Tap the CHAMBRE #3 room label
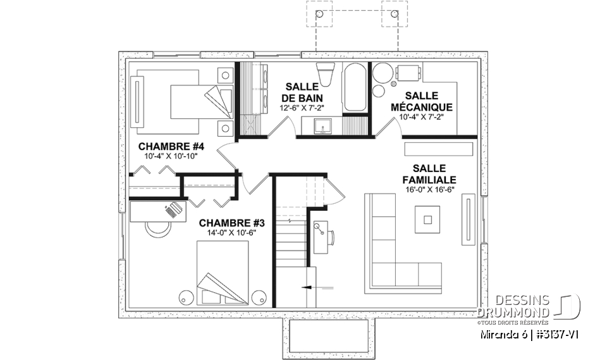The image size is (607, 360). click(227, 223)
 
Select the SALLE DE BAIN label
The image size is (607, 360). click(303, 92)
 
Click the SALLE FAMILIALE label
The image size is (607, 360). click(429, 174)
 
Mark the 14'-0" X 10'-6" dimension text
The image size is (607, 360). click(227, 233)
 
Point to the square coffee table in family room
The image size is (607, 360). click(428, 220)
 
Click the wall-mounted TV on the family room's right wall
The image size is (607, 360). click(468, 219)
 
